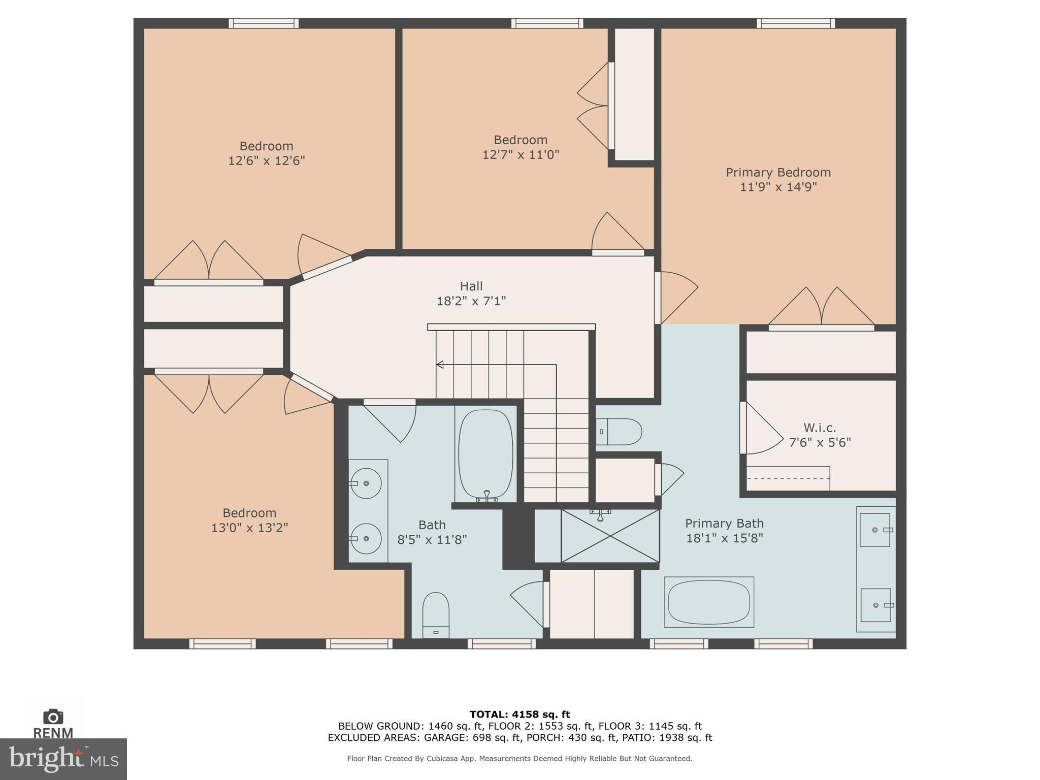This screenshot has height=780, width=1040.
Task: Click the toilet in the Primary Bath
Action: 619,432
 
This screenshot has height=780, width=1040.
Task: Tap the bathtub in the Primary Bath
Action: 709,602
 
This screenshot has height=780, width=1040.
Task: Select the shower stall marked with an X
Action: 610,536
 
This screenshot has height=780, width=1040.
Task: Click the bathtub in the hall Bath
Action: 485,454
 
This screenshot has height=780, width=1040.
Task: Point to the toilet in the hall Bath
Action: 436,615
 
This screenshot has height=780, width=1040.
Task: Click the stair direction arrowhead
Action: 440,365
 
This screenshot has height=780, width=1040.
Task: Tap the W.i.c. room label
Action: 820,428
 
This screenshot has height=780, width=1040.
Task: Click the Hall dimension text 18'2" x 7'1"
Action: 471,301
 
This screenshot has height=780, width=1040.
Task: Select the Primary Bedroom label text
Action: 778,172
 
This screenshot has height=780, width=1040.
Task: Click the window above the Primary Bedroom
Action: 796,23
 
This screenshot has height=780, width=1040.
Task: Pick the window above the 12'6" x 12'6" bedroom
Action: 264,23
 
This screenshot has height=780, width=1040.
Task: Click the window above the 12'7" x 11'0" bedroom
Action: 547,23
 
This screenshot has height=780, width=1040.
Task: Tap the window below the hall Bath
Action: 502,644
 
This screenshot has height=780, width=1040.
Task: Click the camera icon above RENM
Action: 53,717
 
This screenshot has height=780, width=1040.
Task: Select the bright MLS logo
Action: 63,759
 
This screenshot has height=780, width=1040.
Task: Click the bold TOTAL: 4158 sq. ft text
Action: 520,714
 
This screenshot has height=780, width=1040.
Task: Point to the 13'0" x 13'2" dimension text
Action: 250,528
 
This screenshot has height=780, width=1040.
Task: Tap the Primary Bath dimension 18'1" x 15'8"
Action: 725,538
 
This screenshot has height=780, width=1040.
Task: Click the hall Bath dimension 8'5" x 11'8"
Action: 432,540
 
